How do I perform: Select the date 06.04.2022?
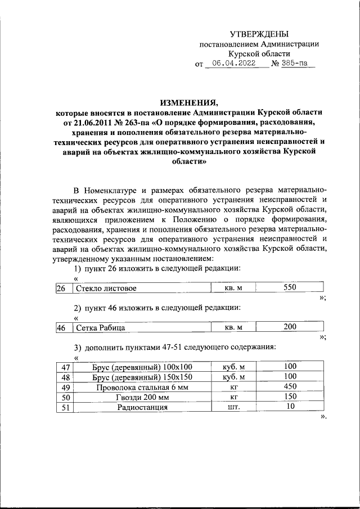tap(230, 64)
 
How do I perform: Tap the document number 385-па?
tap(294, 64)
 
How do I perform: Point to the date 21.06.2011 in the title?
tap(93, 121)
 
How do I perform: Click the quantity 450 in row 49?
tap(290, 386)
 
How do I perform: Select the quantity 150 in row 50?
tap(290, 397)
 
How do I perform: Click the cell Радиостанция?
tap(142, 408)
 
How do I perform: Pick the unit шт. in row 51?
tap(233, 408)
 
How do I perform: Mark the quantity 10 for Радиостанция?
tap(290, 407)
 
